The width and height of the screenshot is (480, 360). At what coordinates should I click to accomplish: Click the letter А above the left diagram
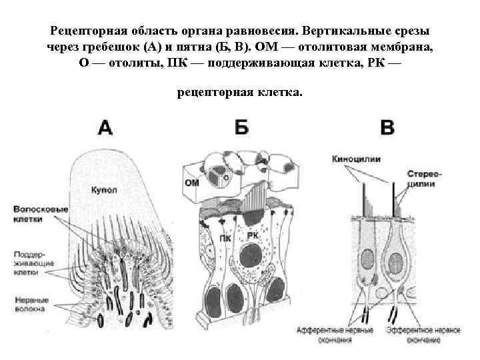105,127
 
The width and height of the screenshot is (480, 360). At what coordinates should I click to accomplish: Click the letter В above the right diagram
387,127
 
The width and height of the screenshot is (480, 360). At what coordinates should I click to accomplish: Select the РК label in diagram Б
254,235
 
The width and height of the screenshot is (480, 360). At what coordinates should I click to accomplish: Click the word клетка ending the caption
279,92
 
